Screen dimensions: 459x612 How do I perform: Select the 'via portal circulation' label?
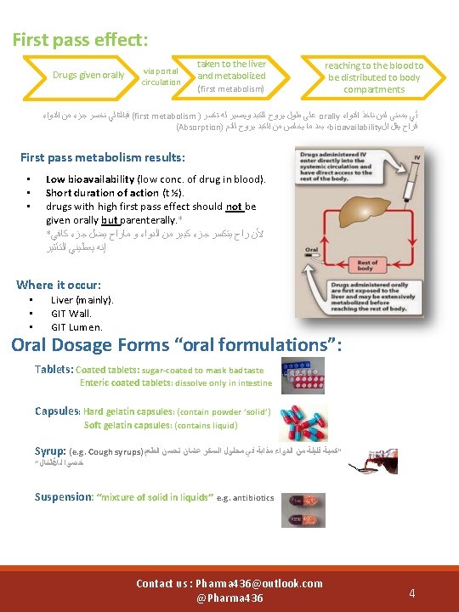click(161, 76)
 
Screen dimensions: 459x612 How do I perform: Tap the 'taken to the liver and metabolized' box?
click(231, 76)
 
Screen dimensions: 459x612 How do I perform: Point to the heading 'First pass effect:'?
click(81, 39)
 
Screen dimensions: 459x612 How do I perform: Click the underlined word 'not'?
click(234, 207)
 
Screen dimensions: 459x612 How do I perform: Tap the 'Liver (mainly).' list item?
click(82, 300)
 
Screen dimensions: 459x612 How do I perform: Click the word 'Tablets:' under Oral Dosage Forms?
click(54, 370)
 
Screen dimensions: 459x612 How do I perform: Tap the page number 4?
click(411, 592)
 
